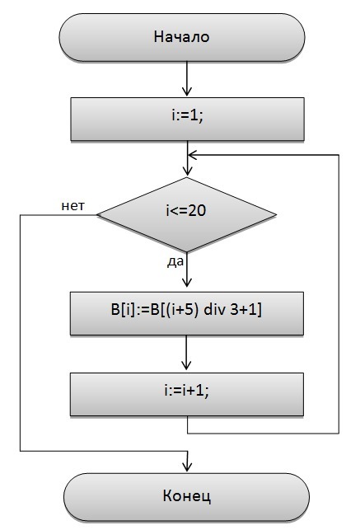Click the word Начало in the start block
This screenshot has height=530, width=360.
point(182,37)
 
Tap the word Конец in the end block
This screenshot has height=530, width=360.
point(187,496)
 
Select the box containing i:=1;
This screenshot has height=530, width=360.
point(187,120)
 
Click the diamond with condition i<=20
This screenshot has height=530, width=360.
point(187,214)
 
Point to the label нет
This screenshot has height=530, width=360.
point(73,205)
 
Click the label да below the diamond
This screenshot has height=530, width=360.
point(175,262)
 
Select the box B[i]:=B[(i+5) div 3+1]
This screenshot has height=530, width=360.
point(187,314)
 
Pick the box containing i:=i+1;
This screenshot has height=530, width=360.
point(187,395)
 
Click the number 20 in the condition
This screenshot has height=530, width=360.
point(197,211)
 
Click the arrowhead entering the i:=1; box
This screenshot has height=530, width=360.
point(187,91)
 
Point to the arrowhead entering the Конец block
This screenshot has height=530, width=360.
point(187,467)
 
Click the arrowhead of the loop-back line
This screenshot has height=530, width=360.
point(193,155)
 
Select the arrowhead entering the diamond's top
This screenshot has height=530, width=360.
point(187,171)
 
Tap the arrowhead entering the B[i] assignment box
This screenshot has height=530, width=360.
point(187,283)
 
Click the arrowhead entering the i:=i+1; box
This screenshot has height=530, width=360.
point(186,364)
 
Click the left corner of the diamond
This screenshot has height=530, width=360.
point(97,214)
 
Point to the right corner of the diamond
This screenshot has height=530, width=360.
point(277,214)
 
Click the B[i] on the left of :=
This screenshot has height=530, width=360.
point(123,310)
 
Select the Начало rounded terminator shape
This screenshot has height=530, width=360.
point(182,37)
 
